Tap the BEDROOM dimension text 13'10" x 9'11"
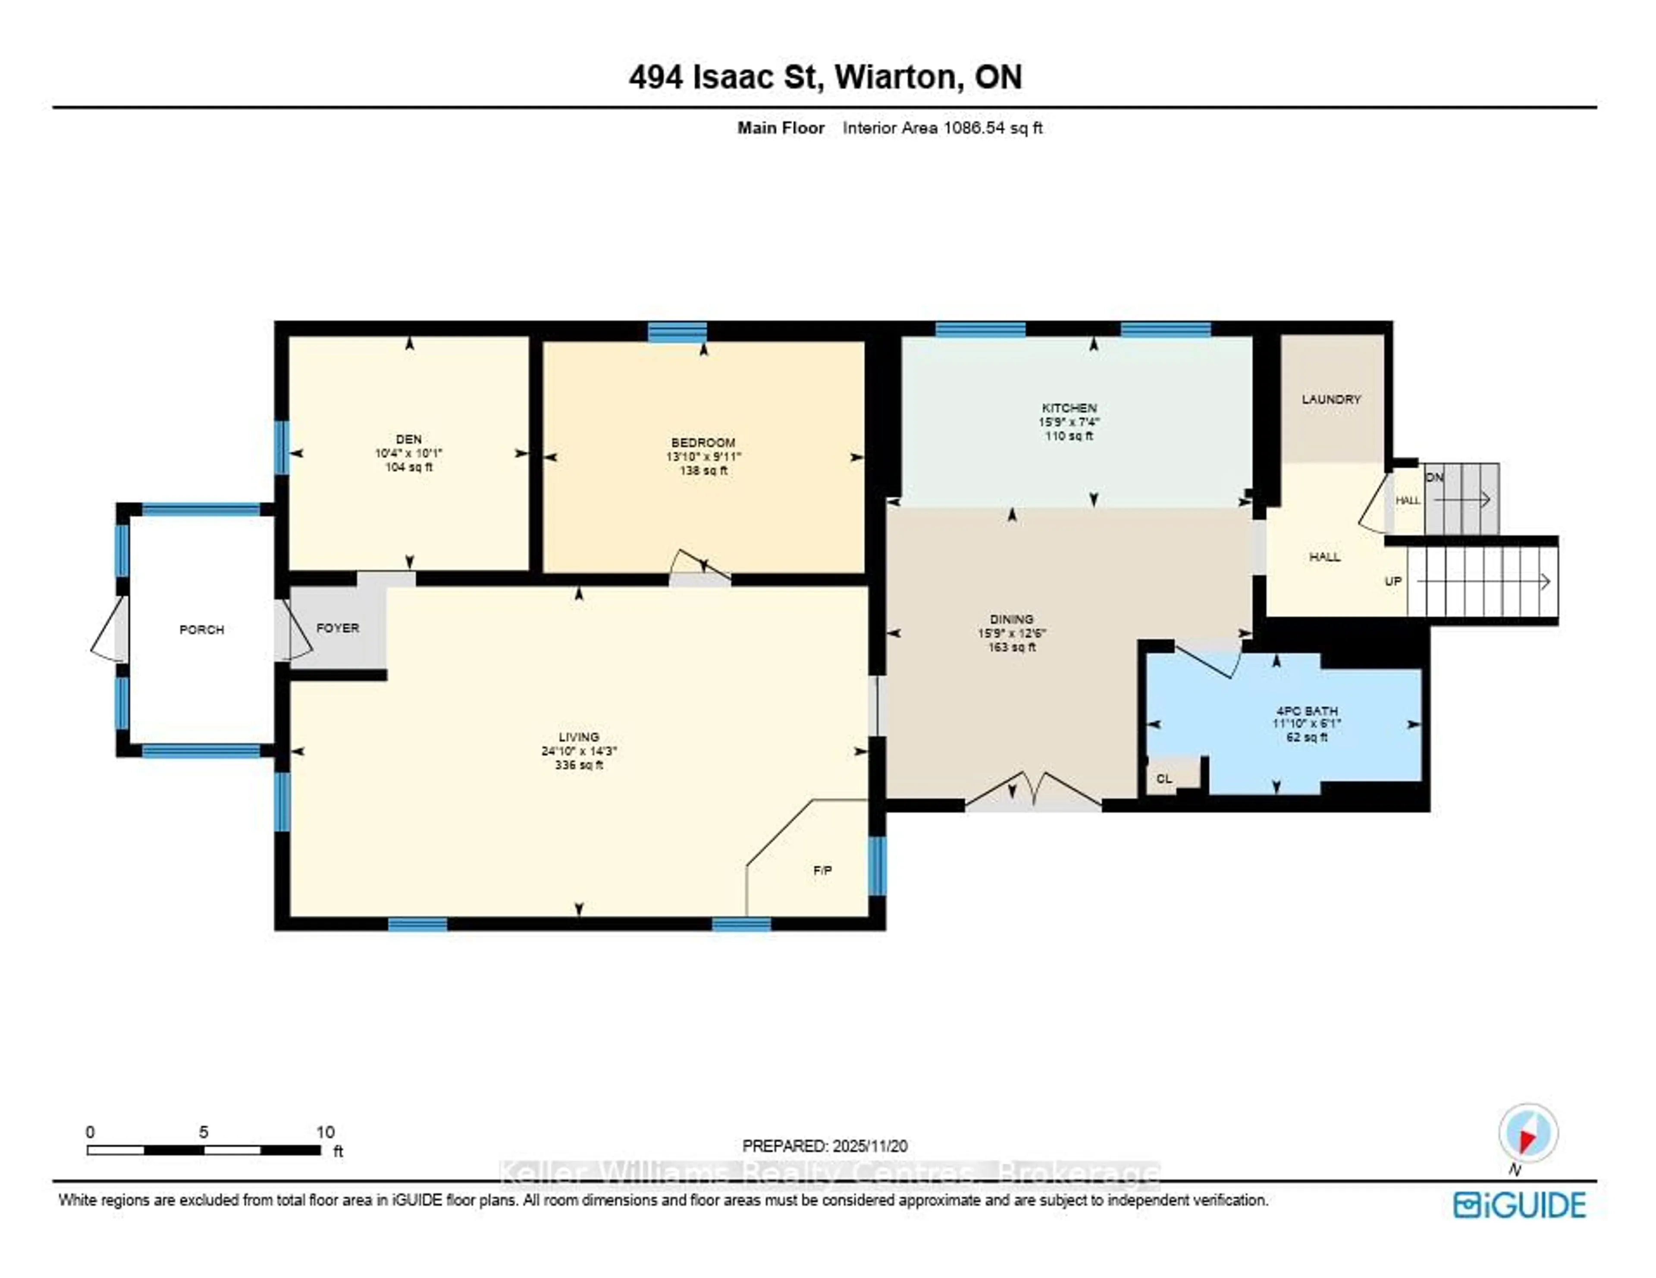tap(703, 456)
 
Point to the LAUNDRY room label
tap(1331, 399)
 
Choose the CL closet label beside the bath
tap(1164, 778)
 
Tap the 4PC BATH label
tap(1306, 710)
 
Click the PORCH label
tap(202, 629)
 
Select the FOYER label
tap(337, 628)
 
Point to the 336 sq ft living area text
tap(579, 765)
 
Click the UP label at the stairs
tap(1393, 581)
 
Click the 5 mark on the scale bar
tap(203, 1132)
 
